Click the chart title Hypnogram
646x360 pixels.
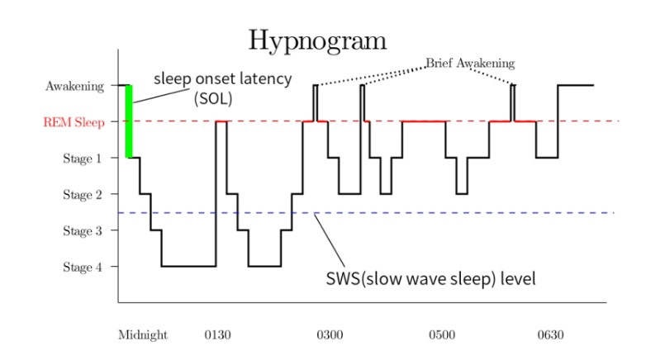318,40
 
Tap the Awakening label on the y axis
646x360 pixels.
75,86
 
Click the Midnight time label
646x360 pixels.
143,335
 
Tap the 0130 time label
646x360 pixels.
217,335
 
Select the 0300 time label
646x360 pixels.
330,335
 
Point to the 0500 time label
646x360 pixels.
441,335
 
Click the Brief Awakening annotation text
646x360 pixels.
470,64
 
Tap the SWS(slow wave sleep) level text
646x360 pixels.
431,278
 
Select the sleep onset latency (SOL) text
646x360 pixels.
223,88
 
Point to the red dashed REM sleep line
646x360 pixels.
578,121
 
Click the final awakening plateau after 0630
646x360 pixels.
577,85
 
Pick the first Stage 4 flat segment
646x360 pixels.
188,266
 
